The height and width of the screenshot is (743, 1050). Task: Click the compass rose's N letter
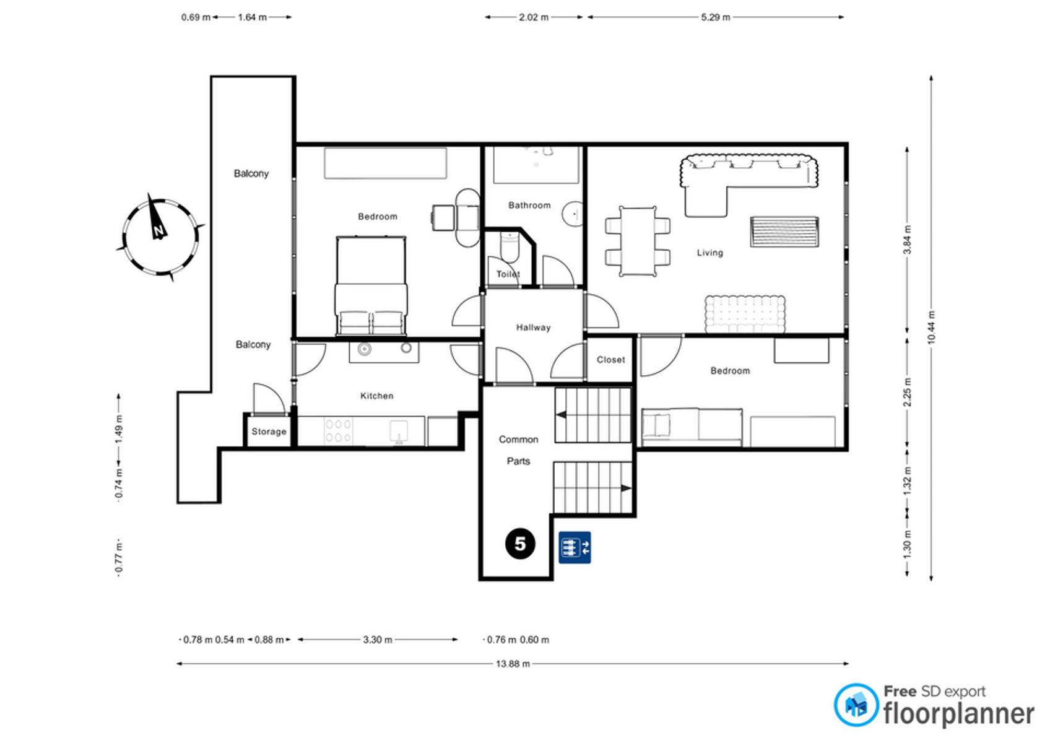tap(159, 230)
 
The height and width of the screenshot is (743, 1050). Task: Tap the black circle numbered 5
tap(520, 544)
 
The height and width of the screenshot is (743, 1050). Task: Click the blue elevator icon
tap(575, 547)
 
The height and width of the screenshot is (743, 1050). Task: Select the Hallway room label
tap(534, 328)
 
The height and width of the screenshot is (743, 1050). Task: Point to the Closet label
tap(611, 360)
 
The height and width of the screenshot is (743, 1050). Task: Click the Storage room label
tap(269, 432)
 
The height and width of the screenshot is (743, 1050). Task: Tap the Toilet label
tap(508, 274)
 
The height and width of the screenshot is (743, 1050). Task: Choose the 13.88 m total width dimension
tap(513, 664)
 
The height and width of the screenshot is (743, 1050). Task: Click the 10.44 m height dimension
tap(931, 327)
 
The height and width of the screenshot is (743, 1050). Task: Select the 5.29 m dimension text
tap(715, 17)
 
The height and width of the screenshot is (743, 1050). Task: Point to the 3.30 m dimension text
tap(378, 640)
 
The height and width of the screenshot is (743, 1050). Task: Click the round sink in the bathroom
tap(573, 214)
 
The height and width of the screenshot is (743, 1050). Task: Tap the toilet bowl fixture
tap(510, 247)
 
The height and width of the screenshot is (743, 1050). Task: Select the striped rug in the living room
tap(784, 231)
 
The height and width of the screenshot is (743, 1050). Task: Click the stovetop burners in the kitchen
tap(338, 431)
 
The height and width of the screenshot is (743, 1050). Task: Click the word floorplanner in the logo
tap(958, 714)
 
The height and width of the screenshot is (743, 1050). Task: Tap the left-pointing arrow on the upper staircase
tap(561, 415)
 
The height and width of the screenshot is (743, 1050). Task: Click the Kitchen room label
tap(376, 396)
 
